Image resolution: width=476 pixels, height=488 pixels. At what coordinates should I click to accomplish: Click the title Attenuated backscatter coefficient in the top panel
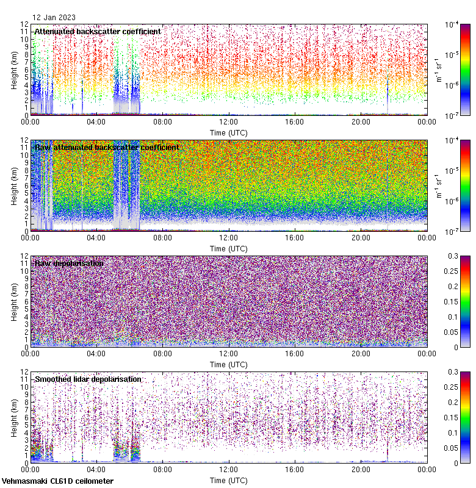point(98,32)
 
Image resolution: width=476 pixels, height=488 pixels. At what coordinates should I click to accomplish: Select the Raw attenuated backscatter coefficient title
point(107,148)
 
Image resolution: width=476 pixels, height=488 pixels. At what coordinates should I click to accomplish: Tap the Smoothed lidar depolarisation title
point(88,379)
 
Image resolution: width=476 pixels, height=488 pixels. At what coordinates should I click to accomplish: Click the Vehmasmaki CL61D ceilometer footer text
point(57,481)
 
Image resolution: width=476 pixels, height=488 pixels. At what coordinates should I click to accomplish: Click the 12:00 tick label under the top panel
point(229,121)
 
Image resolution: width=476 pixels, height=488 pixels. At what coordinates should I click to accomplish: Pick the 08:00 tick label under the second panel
point(163,237)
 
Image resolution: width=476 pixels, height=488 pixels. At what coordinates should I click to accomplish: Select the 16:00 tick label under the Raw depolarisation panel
point(295,353)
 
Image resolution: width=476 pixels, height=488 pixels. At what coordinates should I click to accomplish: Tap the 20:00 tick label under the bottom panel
point(361,469)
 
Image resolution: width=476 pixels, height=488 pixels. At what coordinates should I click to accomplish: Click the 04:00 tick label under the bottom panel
point(96,469)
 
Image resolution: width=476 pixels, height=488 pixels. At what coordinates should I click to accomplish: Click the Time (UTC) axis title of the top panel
point(229,132)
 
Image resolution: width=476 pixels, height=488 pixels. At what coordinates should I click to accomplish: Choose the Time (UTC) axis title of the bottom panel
point(229,480)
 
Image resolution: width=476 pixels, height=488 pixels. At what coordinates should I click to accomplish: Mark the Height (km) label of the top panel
point(14,70)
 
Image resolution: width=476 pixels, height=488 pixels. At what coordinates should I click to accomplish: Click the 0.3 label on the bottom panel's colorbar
point(464,371)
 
